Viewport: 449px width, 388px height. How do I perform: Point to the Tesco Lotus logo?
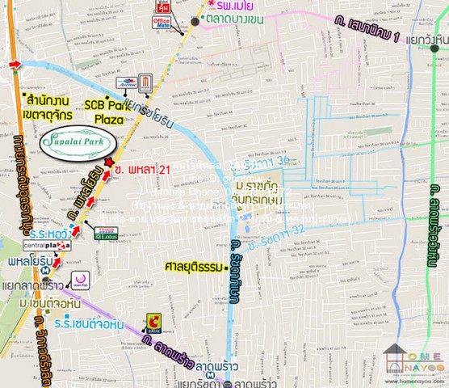[x=105, y=232]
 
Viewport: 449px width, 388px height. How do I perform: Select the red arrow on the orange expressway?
[x=14, y=64]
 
